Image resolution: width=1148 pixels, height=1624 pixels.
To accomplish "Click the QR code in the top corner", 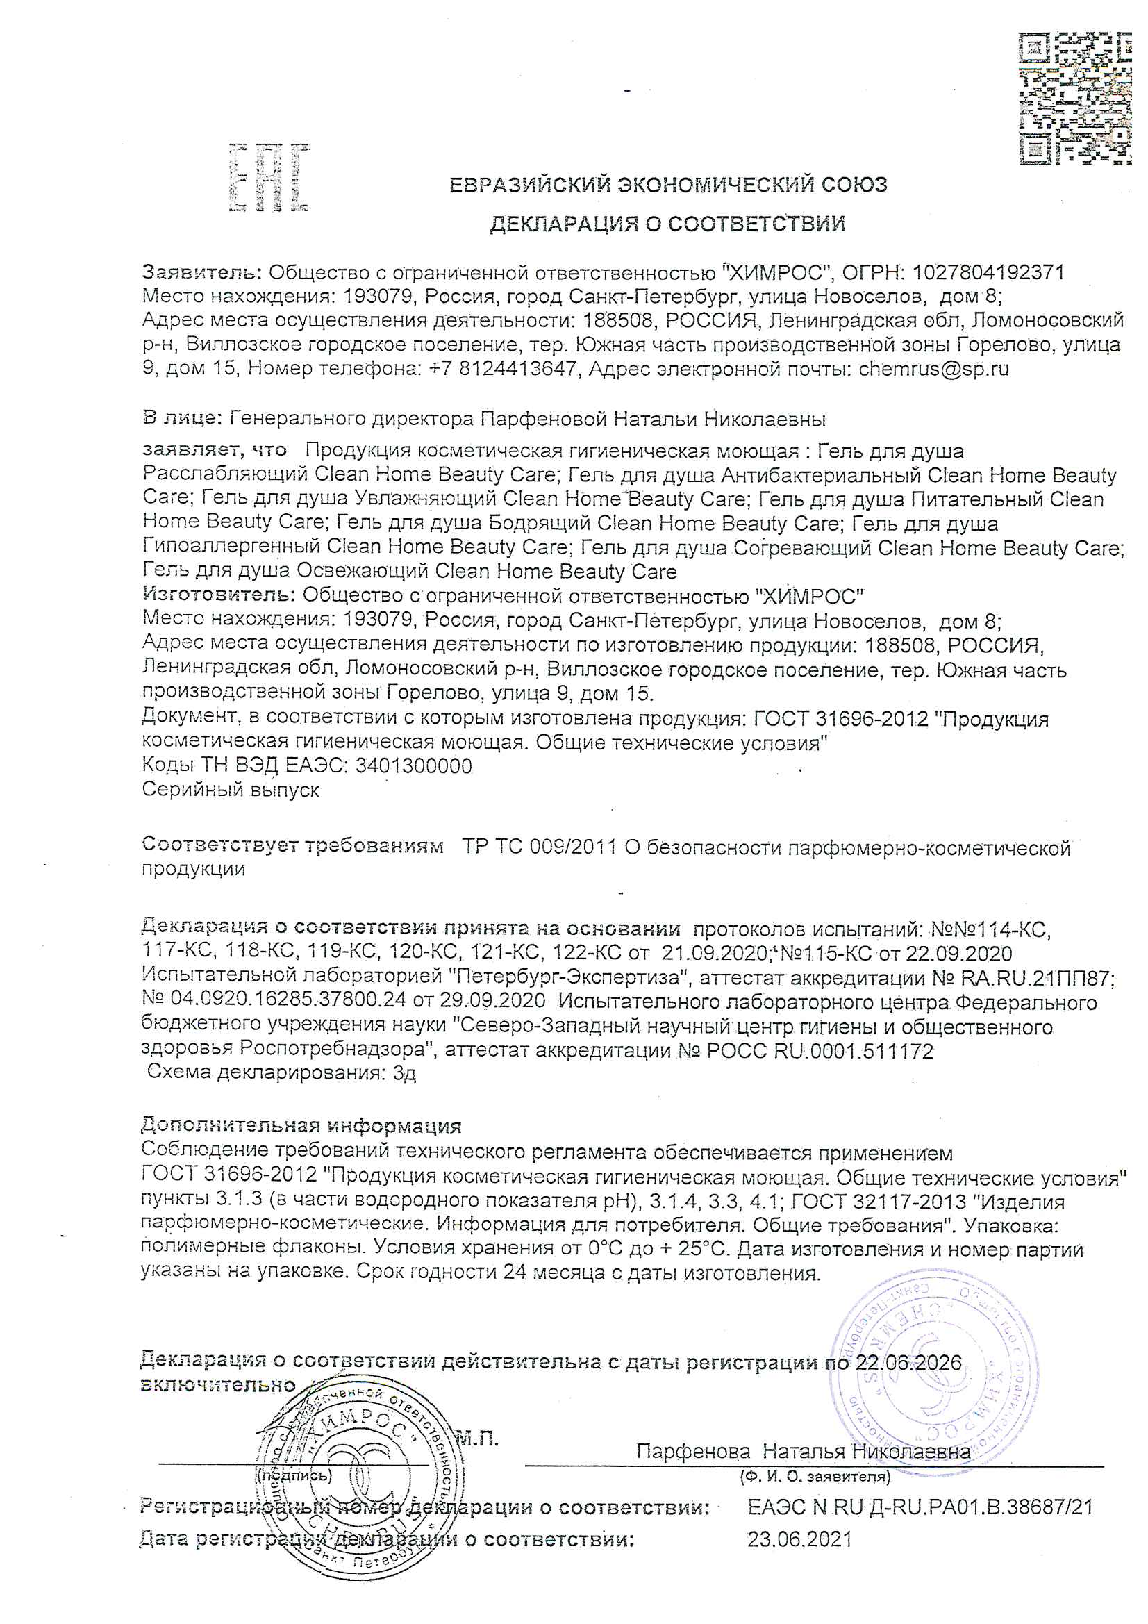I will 1074,99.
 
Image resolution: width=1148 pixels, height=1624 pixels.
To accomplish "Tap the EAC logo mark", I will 269,178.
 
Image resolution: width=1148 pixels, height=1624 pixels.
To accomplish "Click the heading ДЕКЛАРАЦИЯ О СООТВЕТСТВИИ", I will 667,224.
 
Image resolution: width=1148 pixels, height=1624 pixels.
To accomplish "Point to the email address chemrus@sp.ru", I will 933,369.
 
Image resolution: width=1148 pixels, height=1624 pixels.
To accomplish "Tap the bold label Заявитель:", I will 202,272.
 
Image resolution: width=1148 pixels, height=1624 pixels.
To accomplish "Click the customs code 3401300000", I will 414,766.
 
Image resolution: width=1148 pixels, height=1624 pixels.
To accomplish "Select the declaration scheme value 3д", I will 405,1073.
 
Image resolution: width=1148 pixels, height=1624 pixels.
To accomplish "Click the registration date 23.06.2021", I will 800,1539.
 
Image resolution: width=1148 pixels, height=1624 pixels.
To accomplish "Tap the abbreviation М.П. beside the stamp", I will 476,1438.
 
